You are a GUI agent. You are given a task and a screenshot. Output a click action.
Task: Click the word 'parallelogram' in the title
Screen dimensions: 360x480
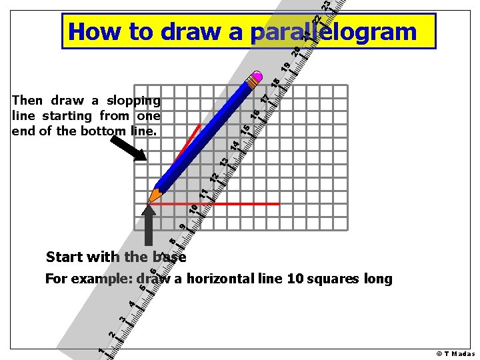tap(334, 31)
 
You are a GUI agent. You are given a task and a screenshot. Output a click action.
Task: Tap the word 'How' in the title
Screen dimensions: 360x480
tap(93, 31)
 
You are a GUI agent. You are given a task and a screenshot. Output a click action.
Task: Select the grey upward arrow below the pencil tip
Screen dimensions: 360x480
tap(149, 227)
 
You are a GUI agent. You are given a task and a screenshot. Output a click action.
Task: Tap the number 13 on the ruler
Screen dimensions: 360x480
tap(225, 161)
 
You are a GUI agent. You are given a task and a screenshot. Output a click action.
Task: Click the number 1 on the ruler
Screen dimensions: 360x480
tap(100, 351)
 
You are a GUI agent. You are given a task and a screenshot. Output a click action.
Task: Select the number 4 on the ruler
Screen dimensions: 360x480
tap(132, 304)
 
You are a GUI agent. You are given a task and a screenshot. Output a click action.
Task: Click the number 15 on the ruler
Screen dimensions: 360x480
tap(245, 129)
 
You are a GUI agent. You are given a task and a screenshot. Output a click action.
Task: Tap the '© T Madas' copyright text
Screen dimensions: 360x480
tap(455, 353)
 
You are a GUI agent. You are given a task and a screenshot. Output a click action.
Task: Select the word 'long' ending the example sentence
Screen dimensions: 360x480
tap(377, 279)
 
